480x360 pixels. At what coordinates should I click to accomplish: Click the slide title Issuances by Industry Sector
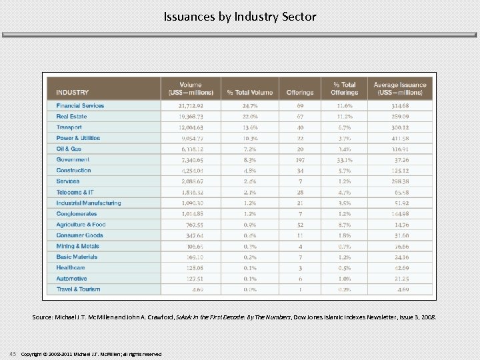pos(240,17)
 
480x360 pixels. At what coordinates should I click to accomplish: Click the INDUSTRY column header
pos(73,92)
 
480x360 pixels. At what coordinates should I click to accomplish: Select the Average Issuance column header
pos(400,89)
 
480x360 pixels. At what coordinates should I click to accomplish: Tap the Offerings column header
pos(299,92)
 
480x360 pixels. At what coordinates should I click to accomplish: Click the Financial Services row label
pos(80,105)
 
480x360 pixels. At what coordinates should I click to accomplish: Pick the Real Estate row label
pos(71,117)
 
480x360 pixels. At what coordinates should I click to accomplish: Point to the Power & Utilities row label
pos(78,138)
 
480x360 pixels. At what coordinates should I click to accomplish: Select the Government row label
pos(73,160)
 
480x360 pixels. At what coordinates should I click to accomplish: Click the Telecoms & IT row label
pos(75,192)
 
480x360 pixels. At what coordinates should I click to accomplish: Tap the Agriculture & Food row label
pos(81,225)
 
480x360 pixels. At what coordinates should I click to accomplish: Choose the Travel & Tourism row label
pos(78,289)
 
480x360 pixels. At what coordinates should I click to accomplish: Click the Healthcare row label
pos(71,267)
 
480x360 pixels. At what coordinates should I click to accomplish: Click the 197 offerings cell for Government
pos(299,160)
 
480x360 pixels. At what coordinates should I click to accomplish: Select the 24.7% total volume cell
pos(249,105)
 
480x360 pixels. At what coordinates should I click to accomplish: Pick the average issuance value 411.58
pos(400,138)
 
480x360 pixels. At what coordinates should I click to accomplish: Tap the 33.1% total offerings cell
pos(343,160)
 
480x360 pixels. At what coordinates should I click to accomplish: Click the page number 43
pos(13,353)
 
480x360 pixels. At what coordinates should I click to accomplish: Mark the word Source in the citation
pos(43,317)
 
